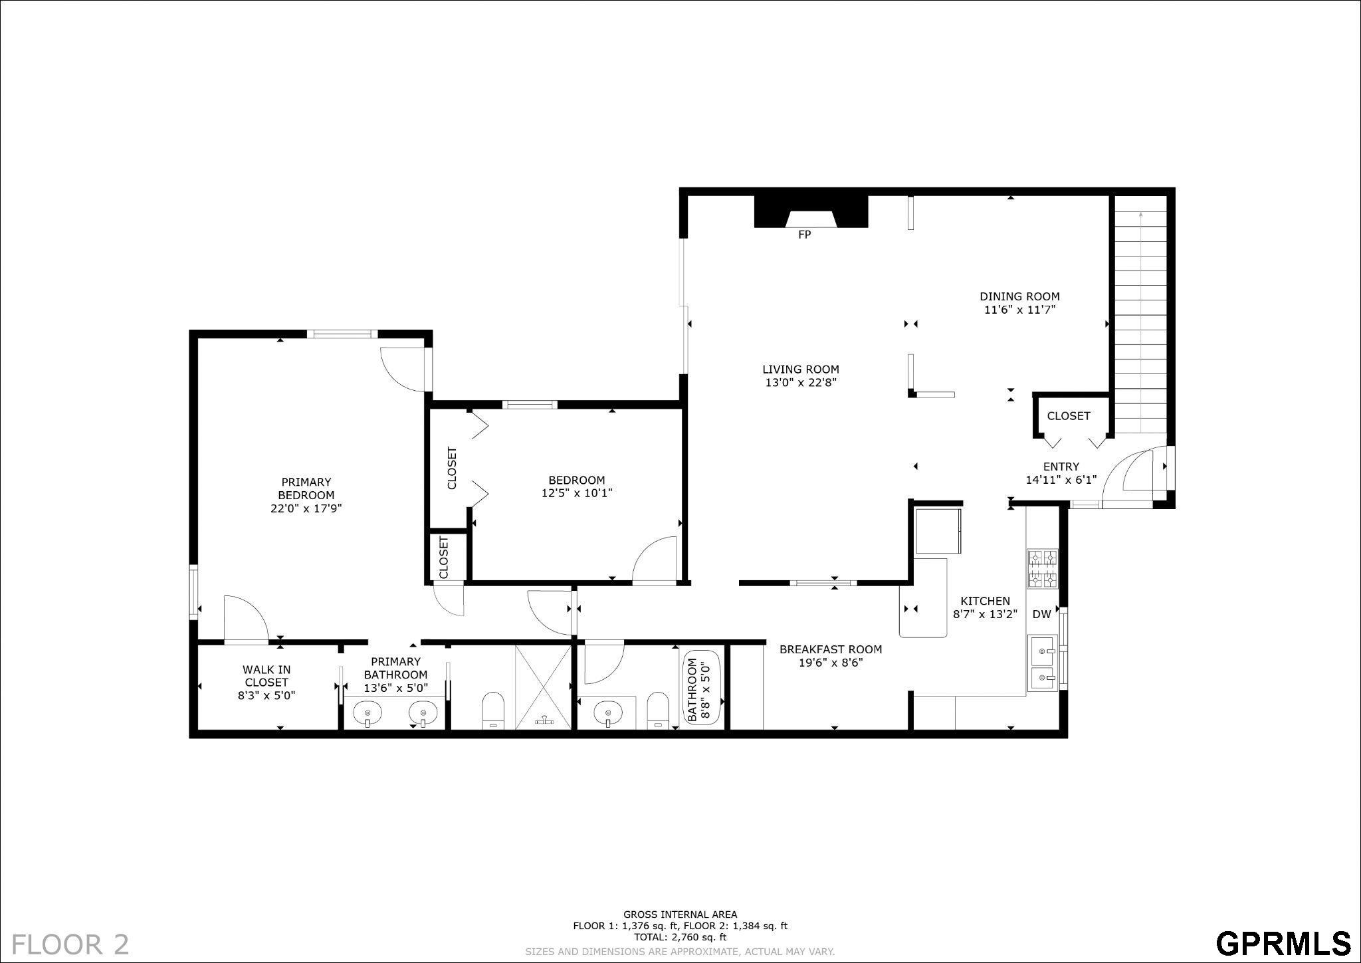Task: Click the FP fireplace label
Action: tap(804, 235)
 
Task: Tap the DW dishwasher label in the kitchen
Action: tap(1041, 614)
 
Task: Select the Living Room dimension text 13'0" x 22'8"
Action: tap(800, 382)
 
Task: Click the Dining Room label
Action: tap(1019, 296)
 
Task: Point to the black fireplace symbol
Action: tap(811, 211)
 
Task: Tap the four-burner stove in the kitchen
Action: tap(1043, 569)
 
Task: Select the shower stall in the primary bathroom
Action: tap(544, 687)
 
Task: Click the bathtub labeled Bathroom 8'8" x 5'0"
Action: tap(701, 689)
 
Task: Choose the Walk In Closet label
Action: tap(266, 676)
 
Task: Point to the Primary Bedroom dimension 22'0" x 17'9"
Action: tap(306, 508)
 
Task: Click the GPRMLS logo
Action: tap(1283, 943)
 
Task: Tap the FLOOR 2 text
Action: tap(70, 944)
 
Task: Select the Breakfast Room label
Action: tap(831, 649)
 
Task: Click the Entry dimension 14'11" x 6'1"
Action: tap(1061, 480)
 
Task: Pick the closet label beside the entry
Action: tap(1069, 416)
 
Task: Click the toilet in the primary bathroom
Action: tap(493, 710)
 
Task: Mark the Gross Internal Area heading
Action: tap(680, 914)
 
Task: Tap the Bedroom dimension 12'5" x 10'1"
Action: tap(576, 493)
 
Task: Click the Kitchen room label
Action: tap(985, 601)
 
